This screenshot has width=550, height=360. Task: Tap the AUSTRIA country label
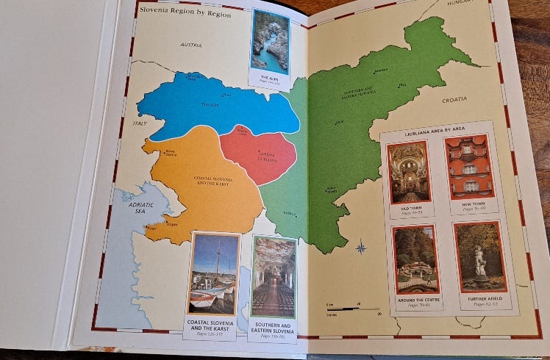click(x=191, y=45)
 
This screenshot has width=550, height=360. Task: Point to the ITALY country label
click(x=140, y=123)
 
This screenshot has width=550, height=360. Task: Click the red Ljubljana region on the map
click(x=259, y=156)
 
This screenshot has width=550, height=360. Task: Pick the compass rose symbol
click(x=361, y=248)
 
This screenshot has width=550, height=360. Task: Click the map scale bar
click(x=353, y=309)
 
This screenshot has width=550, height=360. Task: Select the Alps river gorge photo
click(x=270, y=42)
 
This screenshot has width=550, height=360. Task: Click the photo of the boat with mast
click(x=214, y=274)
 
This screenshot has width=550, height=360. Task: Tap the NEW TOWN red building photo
click(x=469, y=165)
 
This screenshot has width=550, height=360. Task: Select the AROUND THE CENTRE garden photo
click(x=416, y=259)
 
